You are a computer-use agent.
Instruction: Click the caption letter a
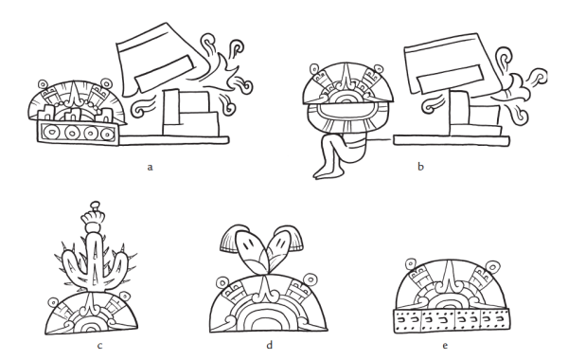pos(150,167)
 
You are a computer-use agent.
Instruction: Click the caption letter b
pos(420,167)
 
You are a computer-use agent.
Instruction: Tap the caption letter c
pos(99,346)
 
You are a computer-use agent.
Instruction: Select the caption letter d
pos(270,345)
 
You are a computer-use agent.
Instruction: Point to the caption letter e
pos(445,346)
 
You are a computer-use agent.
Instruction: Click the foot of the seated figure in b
pos(323,172)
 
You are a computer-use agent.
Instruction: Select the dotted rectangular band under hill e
pos(452,320)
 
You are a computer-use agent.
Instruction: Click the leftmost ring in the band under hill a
pos(50,132)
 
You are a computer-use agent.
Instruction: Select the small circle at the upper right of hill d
pos(311,279)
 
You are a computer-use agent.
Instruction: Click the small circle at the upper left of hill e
pos(411,264)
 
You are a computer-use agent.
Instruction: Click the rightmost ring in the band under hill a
pos(107,133)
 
